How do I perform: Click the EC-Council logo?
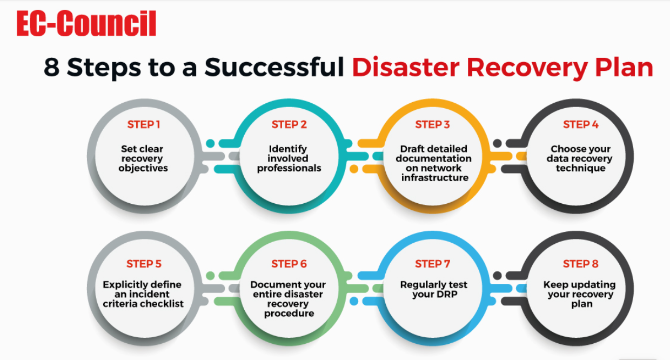86,23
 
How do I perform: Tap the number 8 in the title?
51,67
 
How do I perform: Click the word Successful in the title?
274,67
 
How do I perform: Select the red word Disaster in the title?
406,67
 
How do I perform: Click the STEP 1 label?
144,124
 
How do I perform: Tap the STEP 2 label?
289,124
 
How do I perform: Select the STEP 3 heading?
432,124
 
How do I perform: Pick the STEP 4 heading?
580,124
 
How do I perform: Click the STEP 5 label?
144,264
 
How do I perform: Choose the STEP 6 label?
289,264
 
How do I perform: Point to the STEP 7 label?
432,264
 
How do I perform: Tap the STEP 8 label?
580,264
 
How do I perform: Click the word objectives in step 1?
143,169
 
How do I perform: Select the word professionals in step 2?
289,169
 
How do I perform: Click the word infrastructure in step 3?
435,178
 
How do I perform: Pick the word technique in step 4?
580,169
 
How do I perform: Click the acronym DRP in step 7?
446,295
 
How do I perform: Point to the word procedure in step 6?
289,314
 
